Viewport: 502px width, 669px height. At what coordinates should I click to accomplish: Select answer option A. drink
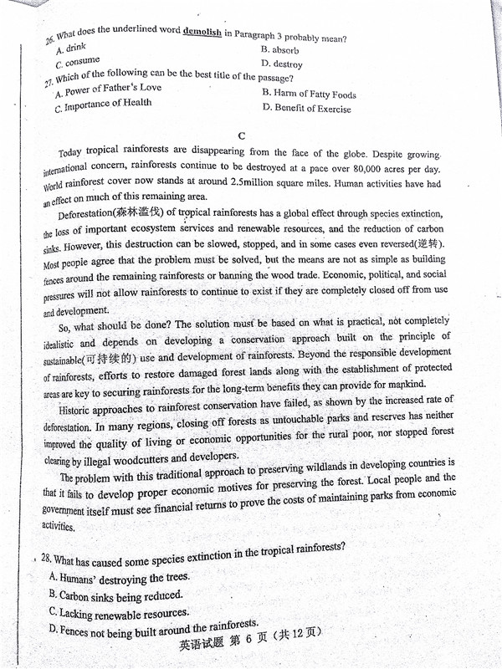[70, 49]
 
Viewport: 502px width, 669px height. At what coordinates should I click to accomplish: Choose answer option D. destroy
[282, 64]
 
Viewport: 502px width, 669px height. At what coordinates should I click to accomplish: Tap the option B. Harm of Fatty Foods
[309, 94]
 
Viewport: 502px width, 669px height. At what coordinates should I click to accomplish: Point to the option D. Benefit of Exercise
[306, 108]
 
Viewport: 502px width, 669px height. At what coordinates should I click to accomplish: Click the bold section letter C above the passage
[242, 135]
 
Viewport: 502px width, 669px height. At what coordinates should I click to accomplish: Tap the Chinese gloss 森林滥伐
[139, 212]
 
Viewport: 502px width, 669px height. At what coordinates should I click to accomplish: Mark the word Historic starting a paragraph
[79, 411]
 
